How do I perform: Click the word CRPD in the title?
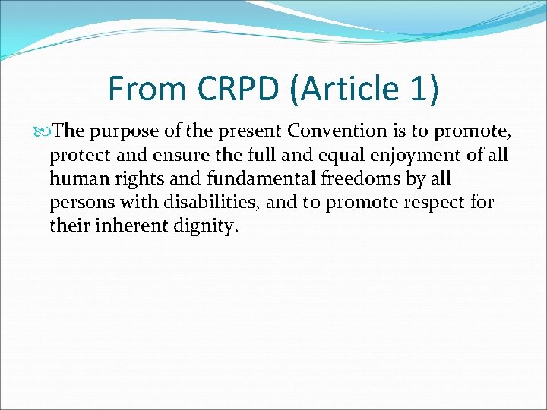pyautogui.click(x=234, y=88)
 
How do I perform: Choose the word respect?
pyautogui.click(x=431, y=203)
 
